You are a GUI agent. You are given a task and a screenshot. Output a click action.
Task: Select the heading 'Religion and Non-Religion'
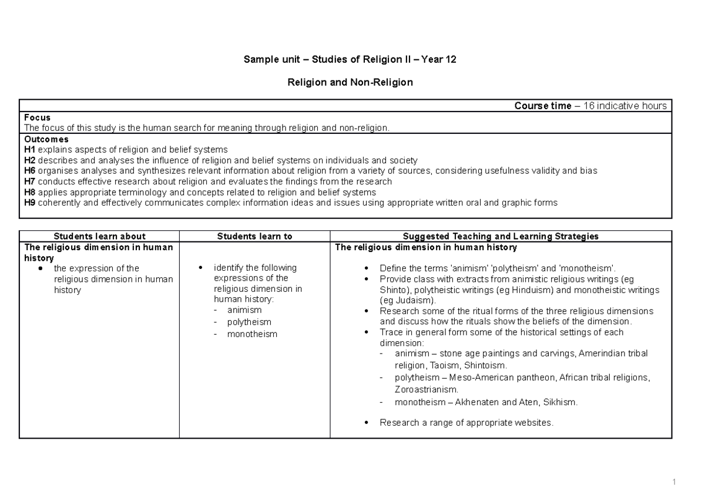pyautogui.click(x=350, y=83)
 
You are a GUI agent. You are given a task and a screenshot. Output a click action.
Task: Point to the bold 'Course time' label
pyautogui.click(x=542, y=106)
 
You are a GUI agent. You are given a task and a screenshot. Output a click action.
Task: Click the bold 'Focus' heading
pyautogui.click(x=37, y=117)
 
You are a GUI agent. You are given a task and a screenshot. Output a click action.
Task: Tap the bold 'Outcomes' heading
pyautogui.click(x=46, y=139)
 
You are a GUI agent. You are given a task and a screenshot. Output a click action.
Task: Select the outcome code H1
pyautogui.click(x=30, y=150)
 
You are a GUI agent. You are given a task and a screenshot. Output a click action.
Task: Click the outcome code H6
pyautogui.click(x=30, y=171)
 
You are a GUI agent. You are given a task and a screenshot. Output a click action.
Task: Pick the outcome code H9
pyautogui.click(x=30, y=203)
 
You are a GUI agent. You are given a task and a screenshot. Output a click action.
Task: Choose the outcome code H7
pyautogui.click(x=30, y=181)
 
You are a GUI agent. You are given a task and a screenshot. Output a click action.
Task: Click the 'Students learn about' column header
pyautogui.click(x=99, y=236)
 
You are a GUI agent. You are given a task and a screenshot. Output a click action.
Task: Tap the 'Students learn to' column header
pyautogui.click(x=254, y=236)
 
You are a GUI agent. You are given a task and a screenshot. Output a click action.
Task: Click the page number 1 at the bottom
pyautogui.click(x=675, y=482)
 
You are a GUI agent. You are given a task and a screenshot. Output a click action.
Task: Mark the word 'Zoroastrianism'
pyautogui.click(x=425, y=389)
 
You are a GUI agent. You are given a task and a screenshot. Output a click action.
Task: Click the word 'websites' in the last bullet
pyautogui.click(x=532, y=422)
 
